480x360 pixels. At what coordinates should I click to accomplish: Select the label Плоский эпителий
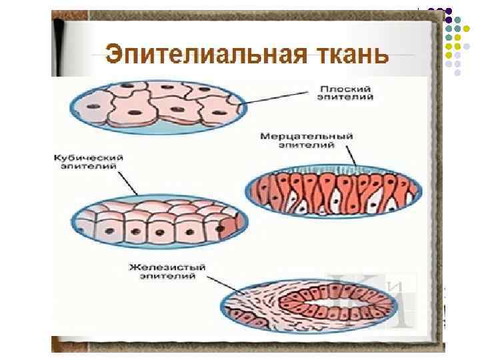click(x=345, y=92)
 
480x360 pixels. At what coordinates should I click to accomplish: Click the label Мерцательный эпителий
click(x=307, y=140)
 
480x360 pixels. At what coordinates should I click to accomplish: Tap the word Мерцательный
click(x=307, y=136)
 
